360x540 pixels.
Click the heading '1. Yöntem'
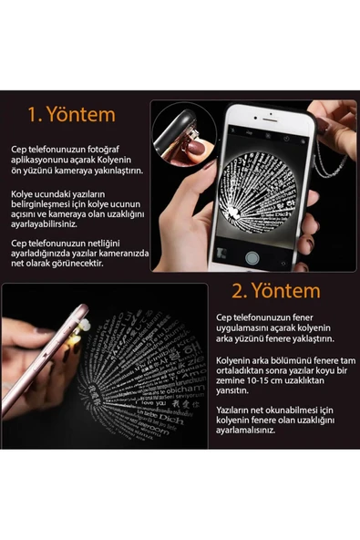click(71, 115)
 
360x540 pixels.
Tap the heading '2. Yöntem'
click(274, 291)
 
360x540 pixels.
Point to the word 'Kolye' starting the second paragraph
click(23, 194)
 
